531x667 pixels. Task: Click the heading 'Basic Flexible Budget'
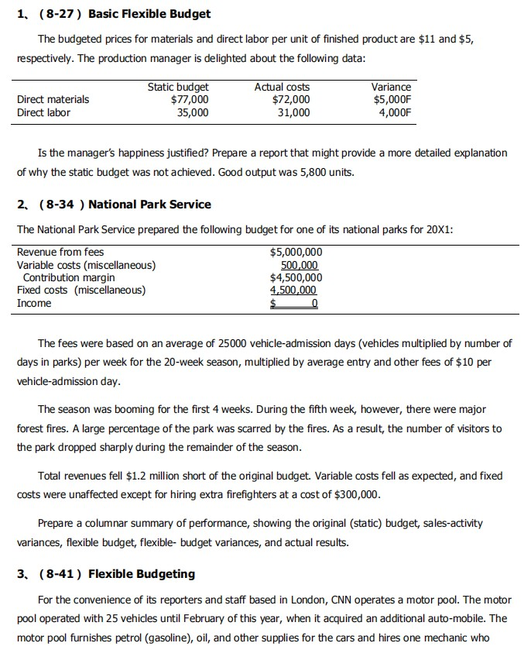[x=149, y=14]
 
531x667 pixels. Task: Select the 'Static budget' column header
[x=177, y=88]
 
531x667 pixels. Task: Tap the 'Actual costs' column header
[x=282, y=88]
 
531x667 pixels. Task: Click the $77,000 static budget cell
[x=189, y=99]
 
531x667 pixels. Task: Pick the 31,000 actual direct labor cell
[x=293, y=112]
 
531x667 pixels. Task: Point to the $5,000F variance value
[x=392, y=99]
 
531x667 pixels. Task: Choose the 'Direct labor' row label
[x=43, y=112]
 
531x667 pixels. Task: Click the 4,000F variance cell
[x=395, y=112]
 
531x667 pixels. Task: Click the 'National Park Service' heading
[x=149, y=205]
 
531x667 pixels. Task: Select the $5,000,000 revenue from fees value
[x=296, y=252]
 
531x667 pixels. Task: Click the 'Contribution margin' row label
[x=69, y=277]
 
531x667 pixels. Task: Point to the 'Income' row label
[x=34, y=303]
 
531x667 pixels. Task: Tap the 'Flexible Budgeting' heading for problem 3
[x=142, y=574]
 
